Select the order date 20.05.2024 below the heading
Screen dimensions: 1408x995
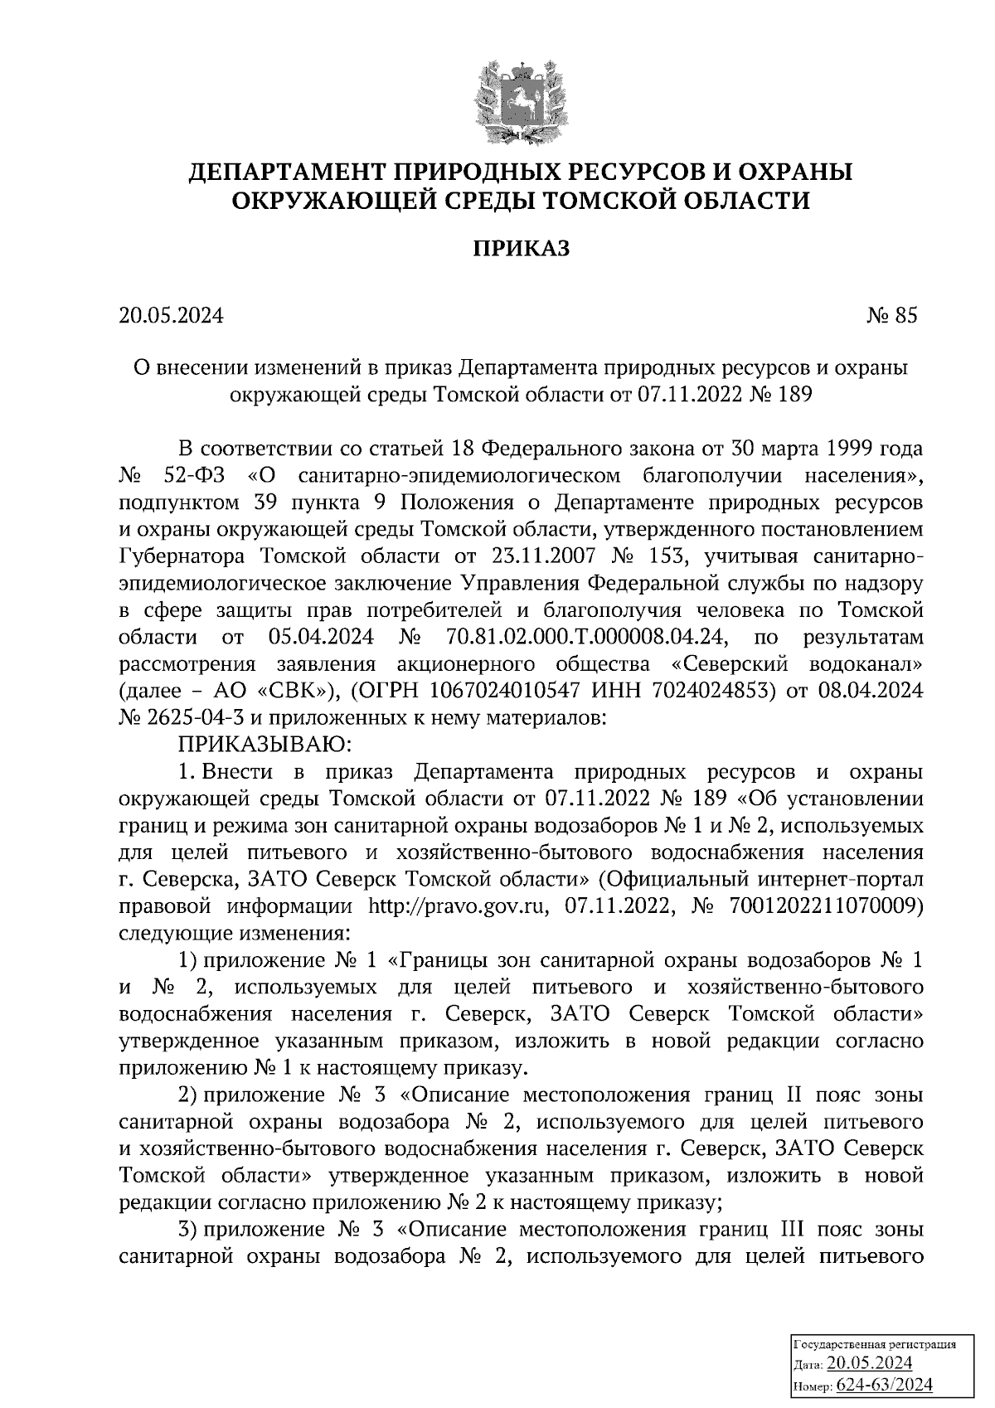[172, 316]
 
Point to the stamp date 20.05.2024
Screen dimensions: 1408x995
[870, 1364]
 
